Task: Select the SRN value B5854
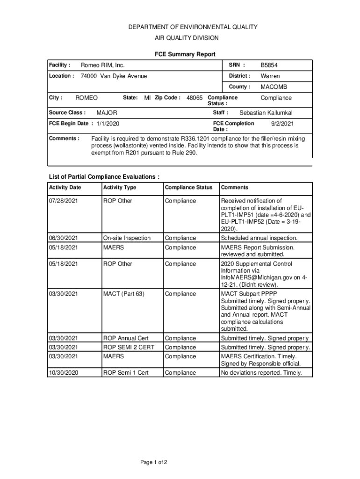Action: pos(269,65)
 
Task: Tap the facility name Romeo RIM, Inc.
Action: pos(103,65)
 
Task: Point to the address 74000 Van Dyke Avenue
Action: pos(114,76)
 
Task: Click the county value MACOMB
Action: pos(274,87)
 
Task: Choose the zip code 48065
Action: pos(194,98)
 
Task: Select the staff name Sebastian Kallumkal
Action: pos(266,113)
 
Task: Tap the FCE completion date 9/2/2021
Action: pos(282,123)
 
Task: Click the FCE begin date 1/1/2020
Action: pos(108,123)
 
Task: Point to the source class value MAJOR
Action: pos(107,113)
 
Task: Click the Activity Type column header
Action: pos(120,188)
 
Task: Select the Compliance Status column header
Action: pos(188,188)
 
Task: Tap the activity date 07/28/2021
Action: pos(64,201)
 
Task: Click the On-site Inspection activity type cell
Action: pos(127,238)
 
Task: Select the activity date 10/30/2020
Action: pos(64,373)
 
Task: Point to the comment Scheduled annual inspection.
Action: pos(259,238)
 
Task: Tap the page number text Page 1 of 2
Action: pos(154,463)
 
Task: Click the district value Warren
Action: pos(270,76)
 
